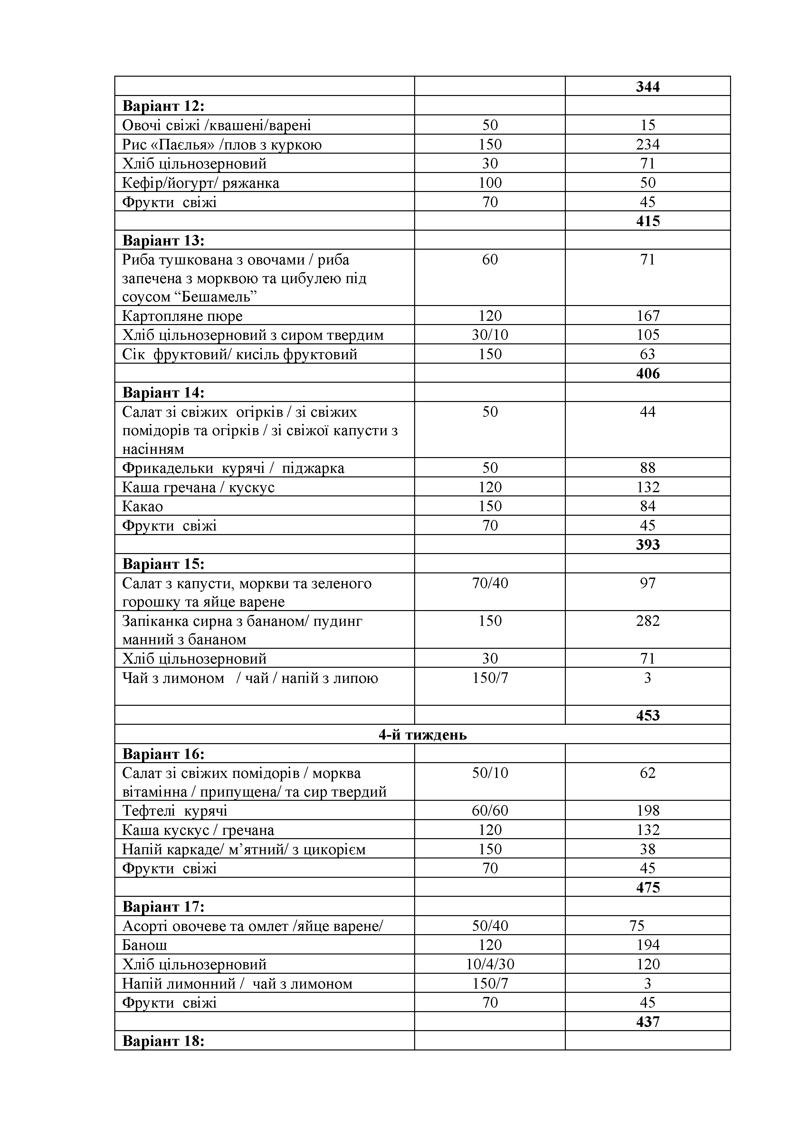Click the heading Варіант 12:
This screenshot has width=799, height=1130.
point(163,106)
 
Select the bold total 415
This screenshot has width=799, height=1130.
point(647,221)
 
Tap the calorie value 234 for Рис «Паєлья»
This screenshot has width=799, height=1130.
point(647,144)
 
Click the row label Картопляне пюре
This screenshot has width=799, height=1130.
point(182,315)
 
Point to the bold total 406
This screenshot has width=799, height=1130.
point(647,373)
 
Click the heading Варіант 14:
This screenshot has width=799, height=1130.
point(163,393)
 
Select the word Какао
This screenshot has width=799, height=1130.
point(142,506)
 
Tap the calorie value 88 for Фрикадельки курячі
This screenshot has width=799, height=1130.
point(647,467)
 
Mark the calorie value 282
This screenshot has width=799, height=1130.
point(647,621)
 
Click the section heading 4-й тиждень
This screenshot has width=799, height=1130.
point(422,734)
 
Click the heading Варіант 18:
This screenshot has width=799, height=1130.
point(163,1041)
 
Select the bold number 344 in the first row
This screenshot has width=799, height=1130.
point(647,87)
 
